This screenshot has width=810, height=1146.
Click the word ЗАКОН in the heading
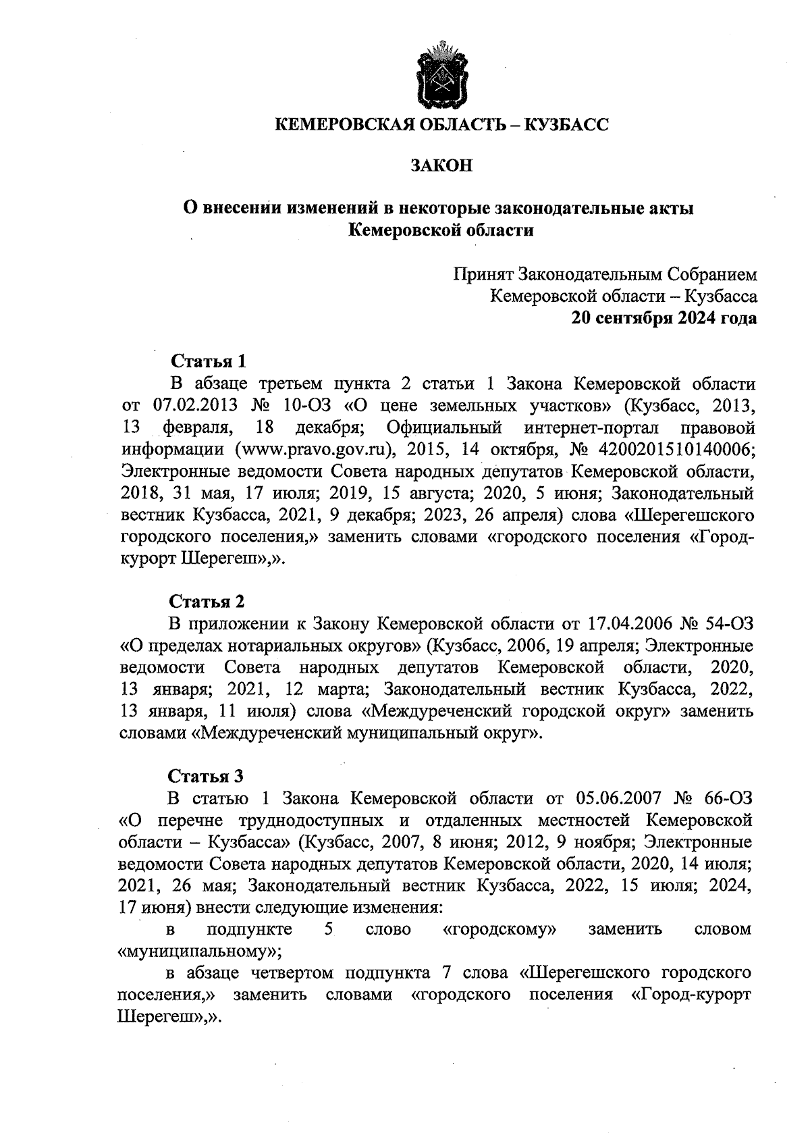(441, 165)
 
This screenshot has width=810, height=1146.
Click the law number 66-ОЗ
(726, 798)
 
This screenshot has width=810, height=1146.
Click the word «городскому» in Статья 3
(500, 930)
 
